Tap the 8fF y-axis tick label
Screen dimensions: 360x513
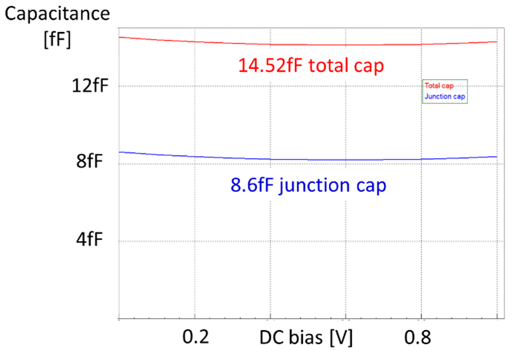[90, 163]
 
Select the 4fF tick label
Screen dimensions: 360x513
[90, 240]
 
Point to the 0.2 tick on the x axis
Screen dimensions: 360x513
[197, 338]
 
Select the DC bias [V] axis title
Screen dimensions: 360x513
[306, 338]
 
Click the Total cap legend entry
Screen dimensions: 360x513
[439, 86]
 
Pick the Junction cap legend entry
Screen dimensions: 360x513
[444, 97]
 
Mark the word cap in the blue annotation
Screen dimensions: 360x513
[371, 187]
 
